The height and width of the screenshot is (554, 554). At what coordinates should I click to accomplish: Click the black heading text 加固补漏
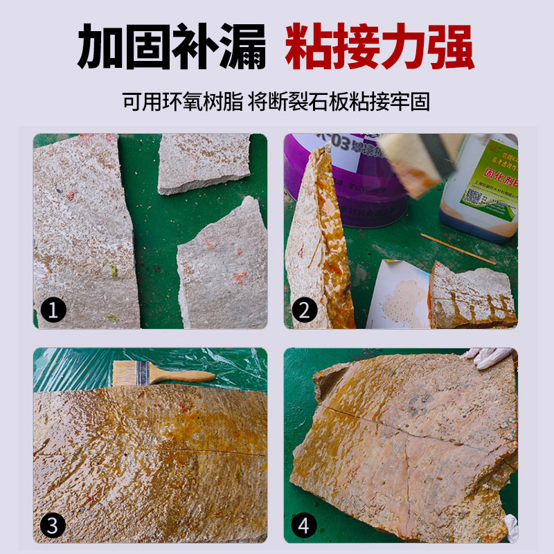tap(171, 46)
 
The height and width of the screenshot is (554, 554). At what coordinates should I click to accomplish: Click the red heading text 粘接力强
tap(379, 46)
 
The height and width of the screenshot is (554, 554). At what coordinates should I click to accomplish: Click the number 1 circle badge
tap(53, 309)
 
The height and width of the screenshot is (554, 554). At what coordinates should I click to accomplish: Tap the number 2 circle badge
tap(303, 309)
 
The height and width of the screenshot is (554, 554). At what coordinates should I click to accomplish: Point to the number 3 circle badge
tap(53, 525)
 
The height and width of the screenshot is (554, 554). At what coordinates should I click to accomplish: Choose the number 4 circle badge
tap(303, 525)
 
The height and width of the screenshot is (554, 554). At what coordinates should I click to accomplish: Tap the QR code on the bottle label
tap(474, 194)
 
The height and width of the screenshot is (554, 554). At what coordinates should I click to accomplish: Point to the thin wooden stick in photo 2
tap(457, 249)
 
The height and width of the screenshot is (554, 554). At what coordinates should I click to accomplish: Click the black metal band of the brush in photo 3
tap(143, 373)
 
